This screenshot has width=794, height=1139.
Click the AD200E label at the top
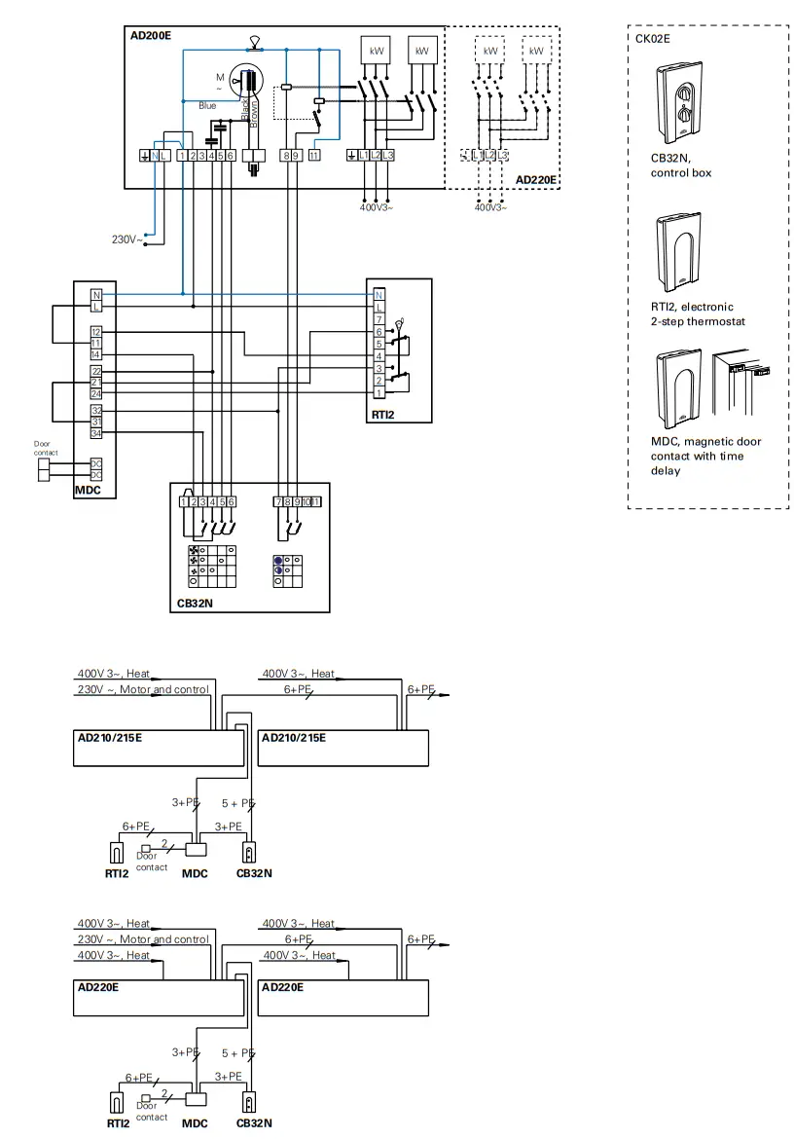point(150,35)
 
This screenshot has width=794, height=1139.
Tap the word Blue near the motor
point(207,105)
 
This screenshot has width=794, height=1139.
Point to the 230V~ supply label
point(125,239)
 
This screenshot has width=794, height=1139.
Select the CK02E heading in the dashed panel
point(652,40)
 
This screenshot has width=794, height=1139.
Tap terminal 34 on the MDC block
point(96,432)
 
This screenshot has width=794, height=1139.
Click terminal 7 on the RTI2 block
point(379,319)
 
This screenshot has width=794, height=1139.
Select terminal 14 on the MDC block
point(96,355)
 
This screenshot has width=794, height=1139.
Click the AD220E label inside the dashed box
point(536,179)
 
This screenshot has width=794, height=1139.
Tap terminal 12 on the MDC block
point(96,332)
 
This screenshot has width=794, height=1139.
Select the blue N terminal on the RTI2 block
point(379,294)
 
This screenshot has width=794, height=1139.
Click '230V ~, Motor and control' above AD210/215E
point(142,689)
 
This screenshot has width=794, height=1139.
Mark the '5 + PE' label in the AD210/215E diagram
point(237,803)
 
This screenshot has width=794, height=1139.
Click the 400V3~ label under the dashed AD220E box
point(490,207)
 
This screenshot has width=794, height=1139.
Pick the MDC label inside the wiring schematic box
point(88,491)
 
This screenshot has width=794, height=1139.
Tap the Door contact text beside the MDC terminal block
point(46,449)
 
